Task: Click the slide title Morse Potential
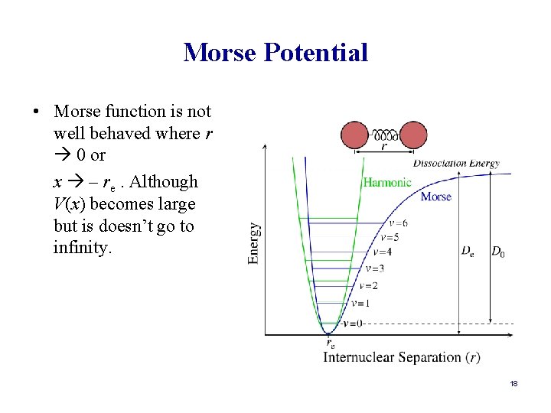click(x=275, y=53)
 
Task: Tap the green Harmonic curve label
click(x=386, y=182)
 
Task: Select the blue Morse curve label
click(x=435, y=197)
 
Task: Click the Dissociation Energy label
click(x=456, y=163)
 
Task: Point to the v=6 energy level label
click(x=397, y=223)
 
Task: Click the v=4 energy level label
click(x=382, y=252)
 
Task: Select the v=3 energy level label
click(x=374, y=268)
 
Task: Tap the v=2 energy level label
click(x=368, y=285)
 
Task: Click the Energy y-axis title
click(x=254, y=243)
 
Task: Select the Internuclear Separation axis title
click(x=402, y=357)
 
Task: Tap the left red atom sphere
click(x=355, y=135)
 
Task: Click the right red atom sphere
click(x=413, y=135)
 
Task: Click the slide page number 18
click(x=514, y=383)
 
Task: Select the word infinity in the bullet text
click(x=83, y=248)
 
